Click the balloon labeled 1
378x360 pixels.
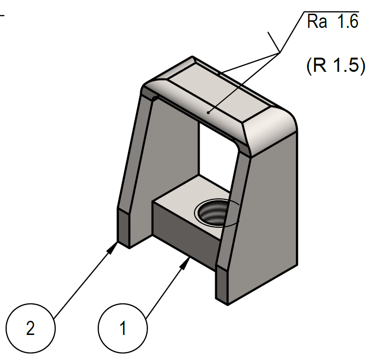click(x=123, y=328)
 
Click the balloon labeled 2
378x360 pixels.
click(x=31, y=328)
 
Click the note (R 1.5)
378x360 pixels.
click(x=336, y=66)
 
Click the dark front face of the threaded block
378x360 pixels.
click(x=184, y=234)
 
